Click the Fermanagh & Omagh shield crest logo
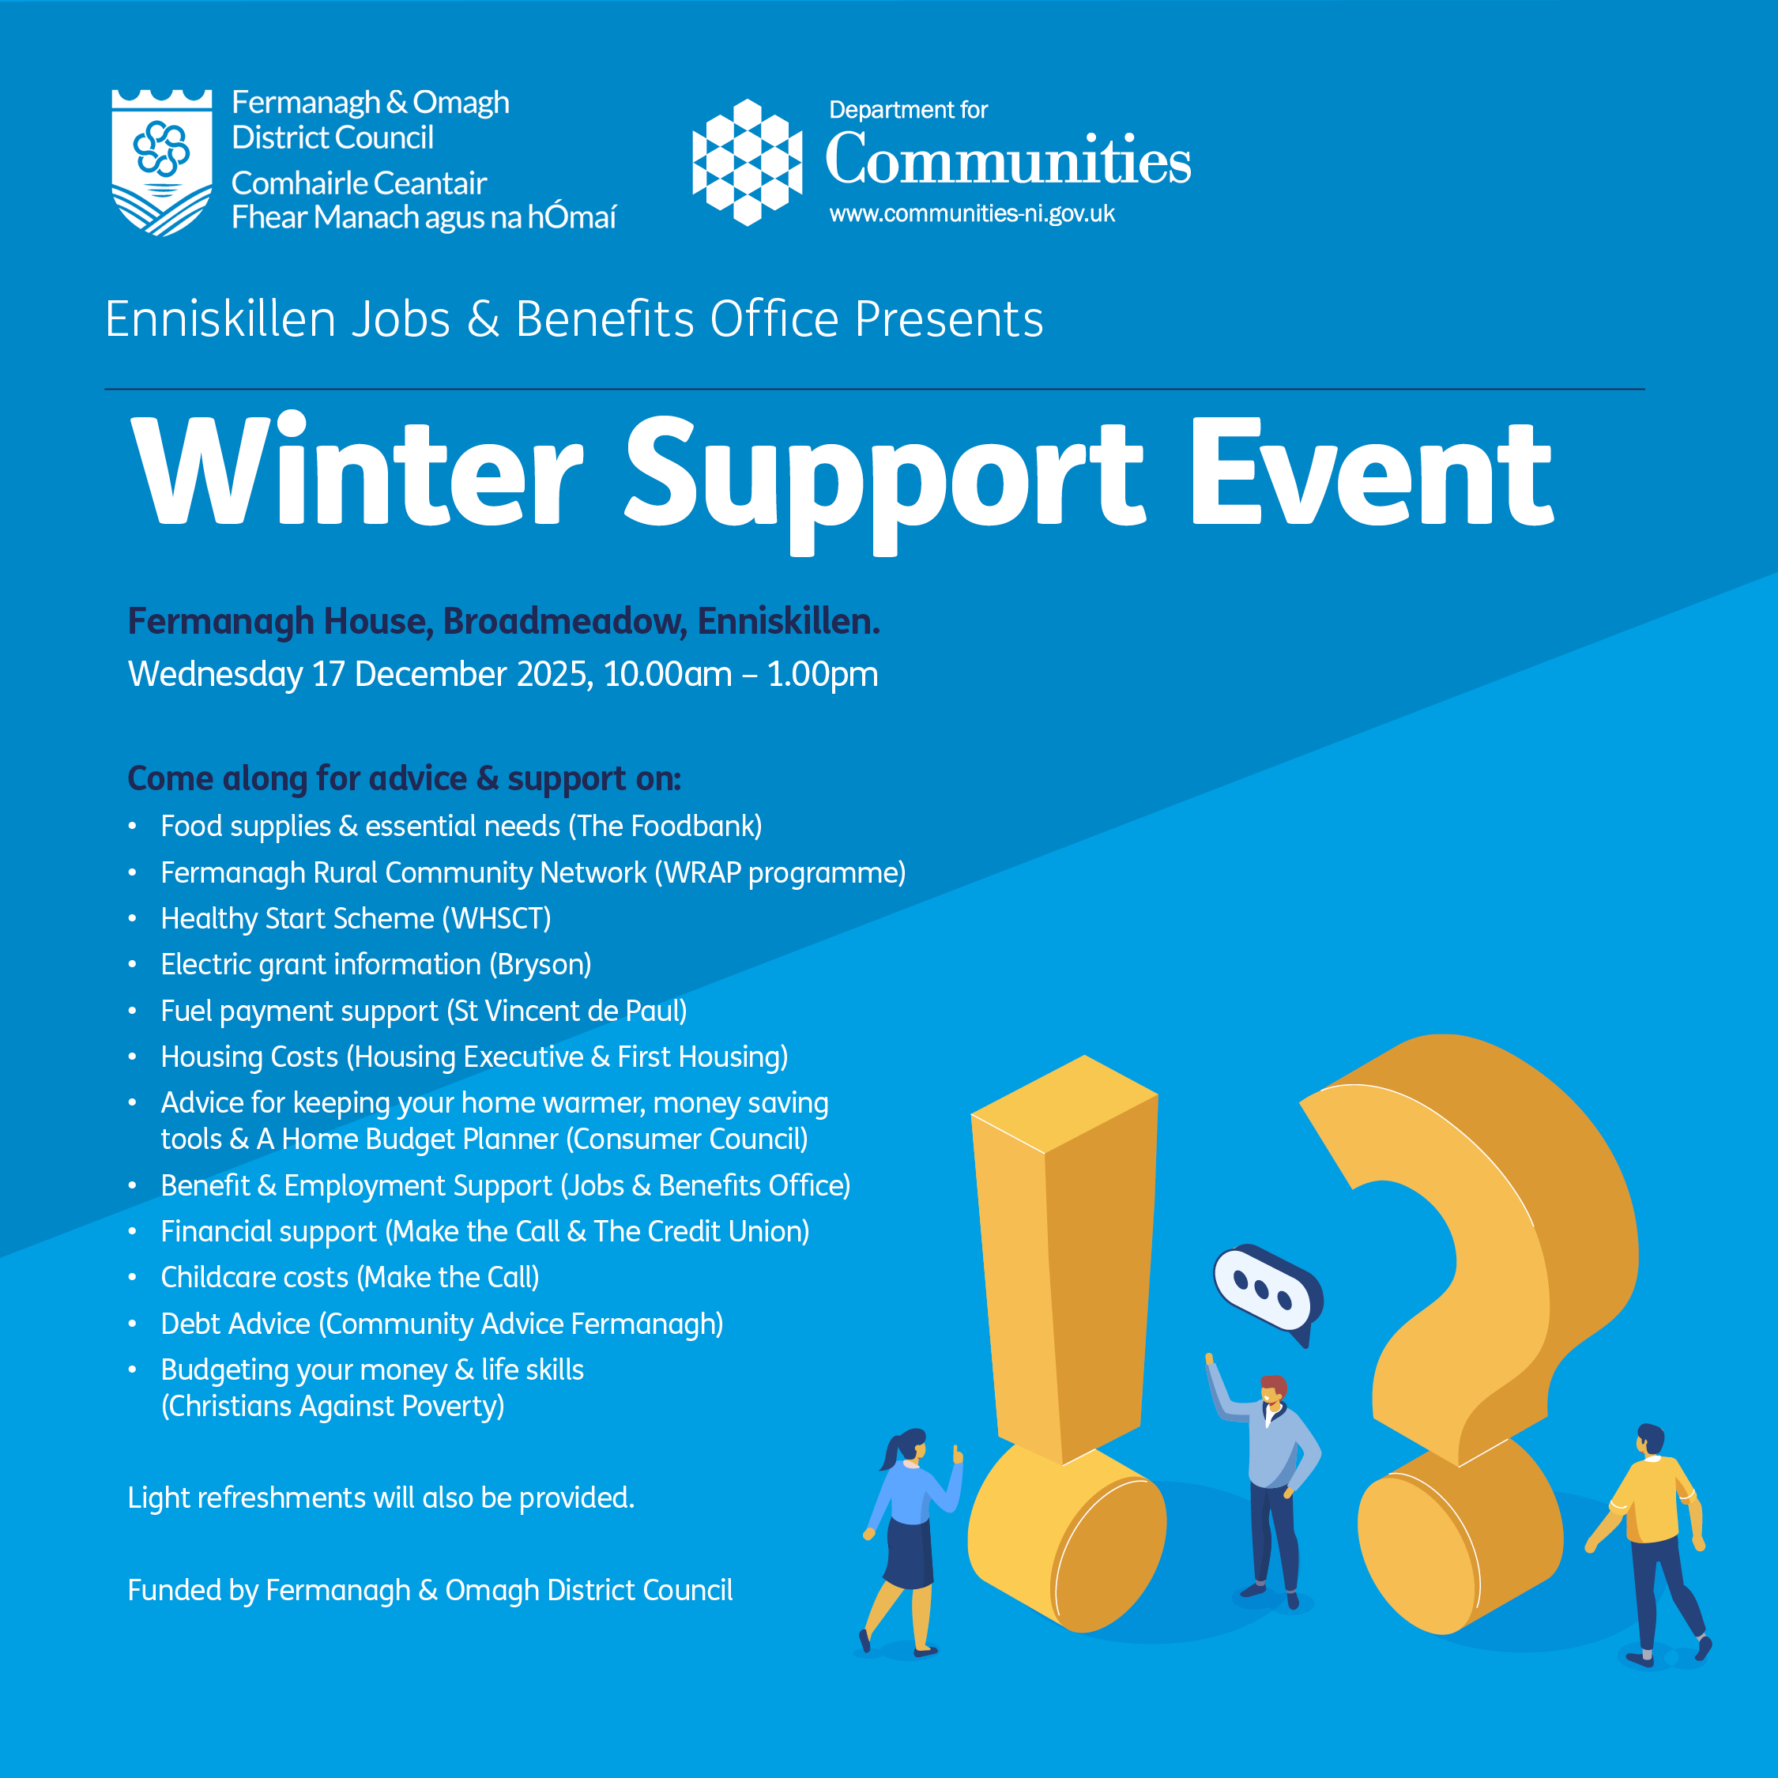coord(162,162)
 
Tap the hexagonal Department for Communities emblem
coord(748,162)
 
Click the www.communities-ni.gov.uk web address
coord(972,214)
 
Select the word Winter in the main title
coord(357,471)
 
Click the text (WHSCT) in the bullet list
coord(497,918)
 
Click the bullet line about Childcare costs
coord(350,1277)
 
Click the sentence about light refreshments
coord(381,1498)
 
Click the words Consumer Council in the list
coord(687,1140)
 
